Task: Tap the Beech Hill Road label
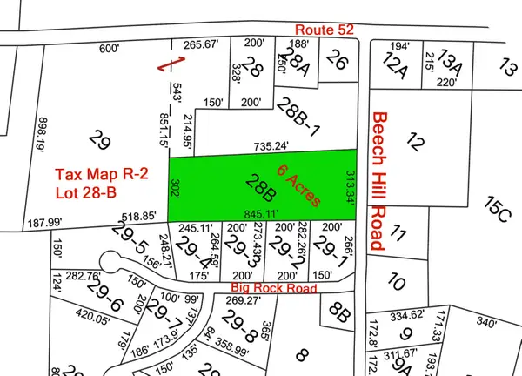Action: click(378, 181)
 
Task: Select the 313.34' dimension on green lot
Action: click(351, 188)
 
